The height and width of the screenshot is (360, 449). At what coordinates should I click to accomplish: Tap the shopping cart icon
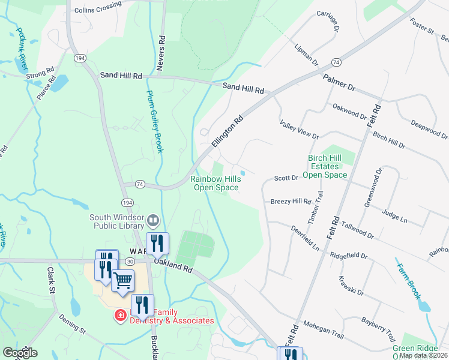coord(122,280)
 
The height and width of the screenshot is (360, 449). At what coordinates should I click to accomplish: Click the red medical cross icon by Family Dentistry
coord(120,314)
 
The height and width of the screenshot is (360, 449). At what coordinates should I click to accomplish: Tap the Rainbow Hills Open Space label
coord(214,184)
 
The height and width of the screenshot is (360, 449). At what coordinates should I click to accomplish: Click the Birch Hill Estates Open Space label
coord(325,166)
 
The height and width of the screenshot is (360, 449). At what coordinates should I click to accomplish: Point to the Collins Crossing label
coord(97,10)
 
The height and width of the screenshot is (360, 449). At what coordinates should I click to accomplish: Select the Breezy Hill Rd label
coord(291,202)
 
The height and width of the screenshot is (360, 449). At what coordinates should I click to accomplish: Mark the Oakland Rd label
coord(172,266)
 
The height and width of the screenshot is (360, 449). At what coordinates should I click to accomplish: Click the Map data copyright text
coord(423,355)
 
